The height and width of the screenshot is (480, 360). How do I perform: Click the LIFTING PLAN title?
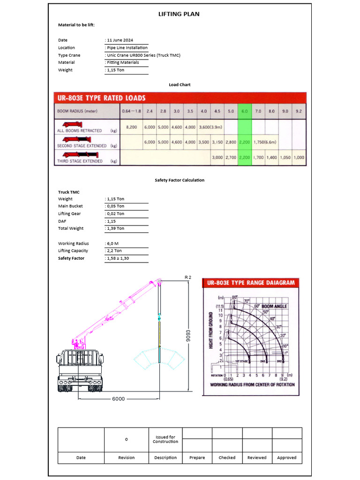pyautogui.click(x=180, y=14)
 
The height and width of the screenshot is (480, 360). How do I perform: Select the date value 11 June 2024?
pyautogui.click(x=120, y=40)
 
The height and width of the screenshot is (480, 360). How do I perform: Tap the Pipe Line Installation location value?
pyautogui.click(x=127, y=48)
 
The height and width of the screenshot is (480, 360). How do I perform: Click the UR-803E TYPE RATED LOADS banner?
pyautogui.click(x=102, y=98)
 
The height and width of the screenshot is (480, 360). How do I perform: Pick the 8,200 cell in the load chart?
pyautogui.click(x=132, y=127)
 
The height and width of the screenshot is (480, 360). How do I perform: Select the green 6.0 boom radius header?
pyautogui.click(x=244, y=112)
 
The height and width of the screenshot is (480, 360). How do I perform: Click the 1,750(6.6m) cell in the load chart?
pyautogui.click(x=265, y=142)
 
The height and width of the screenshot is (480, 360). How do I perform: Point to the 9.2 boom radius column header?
pyautogui.click(x=299, y=112)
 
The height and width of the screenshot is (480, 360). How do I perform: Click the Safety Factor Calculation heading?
pyautogui.click(x=180, y=180)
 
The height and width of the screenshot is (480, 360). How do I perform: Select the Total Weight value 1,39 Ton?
pyautogui.click(x=115, y=229)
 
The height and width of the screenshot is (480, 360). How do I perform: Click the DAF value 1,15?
pyautogui.click(x=112, y=221)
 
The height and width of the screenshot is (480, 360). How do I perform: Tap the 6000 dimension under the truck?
pyautogui.click(x=118, y=399)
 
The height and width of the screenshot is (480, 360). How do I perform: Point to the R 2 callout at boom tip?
pyautogui.click(x=188, y=277)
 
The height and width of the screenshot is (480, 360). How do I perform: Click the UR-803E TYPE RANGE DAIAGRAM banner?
pyautogui.click(x=250, y=283)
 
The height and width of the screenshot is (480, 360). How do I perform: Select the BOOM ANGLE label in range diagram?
pyautogui.click(x=274, y=306)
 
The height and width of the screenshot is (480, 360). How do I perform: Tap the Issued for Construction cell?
pyautogui.click(x=165, y=439)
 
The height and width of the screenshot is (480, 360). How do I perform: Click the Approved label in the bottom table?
pyautogui.click(x=286, y=457)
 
